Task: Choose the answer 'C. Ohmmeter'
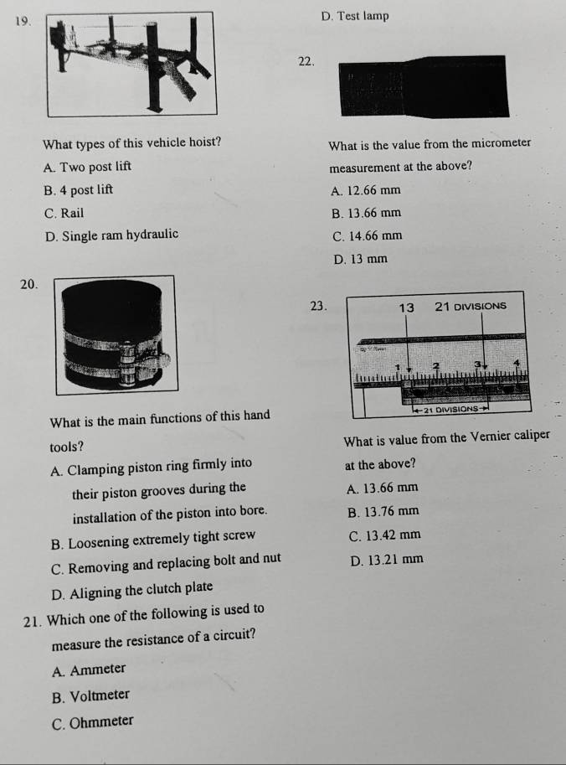pos(91,720)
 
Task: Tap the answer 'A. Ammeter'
pos(89,669)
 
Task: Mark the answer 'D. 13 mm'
pos(360,259)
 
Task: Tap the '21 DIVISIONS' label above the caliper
pos(472,307)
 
